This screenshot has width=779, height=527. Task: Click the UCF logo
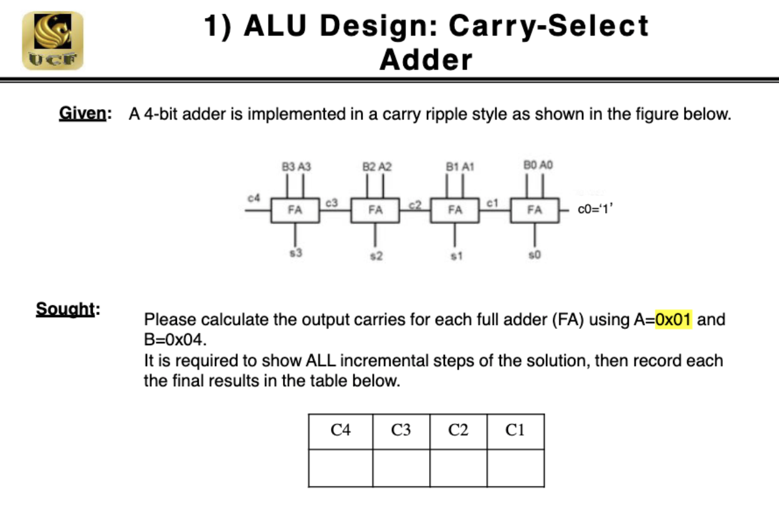52,40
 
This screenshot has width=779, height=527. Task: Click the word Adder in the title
426,60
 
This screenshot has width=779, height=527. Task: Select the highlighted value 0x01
674,320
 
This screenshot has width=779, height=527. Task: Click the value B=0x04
174,340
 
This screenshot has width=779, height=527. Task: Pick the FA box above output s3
295,210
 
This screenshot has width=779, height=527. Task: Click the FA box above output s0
534,210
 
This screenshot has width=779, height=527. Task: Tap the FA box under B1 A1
455,210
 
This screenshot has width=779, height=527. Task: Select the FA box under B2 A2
375,210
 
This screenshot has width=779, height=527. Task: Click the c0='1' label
596,210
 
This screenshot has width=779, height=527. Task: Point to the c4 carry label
253,197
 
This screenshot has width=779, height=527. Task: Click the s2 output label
375,256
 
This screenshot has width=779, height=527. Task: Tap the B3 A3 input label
296,166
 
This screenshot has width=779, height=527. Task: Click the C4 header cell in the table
340,430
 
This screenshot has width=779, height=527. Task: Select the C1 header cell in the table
515,430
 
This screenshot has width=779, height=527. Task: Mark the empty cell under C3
401,468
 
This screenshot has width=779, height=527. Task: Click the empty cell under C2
458,468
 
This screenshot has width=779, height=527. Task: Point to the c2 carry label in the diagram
415,203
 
